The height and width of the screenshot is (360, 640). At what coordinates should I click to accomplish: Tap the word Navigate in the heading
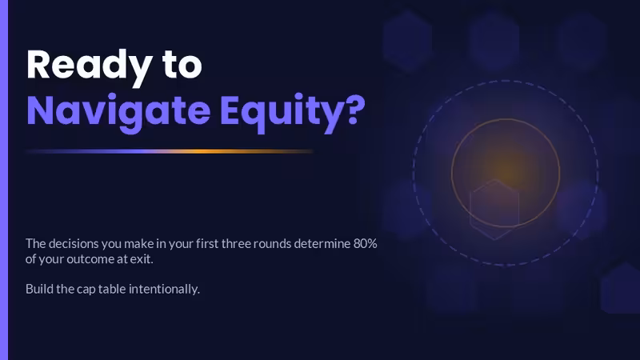(x=118, y=111)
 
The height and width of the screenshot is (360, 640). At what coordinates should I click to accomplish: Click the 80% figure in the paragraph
(x=366, y=244)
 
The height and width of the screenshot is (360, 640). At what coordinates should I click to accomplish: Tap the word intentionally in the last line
(x=164, y=290)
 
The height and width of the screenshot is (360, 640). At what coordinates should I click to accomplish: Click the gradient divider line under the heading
(x=170, y=151)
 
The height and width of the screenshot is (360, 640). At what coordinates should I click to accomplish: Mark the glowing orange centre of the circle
(x=506, y=173)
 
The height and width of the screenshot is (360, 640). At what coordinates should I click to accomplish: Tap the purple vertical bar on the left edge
(x=4, y=180)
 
